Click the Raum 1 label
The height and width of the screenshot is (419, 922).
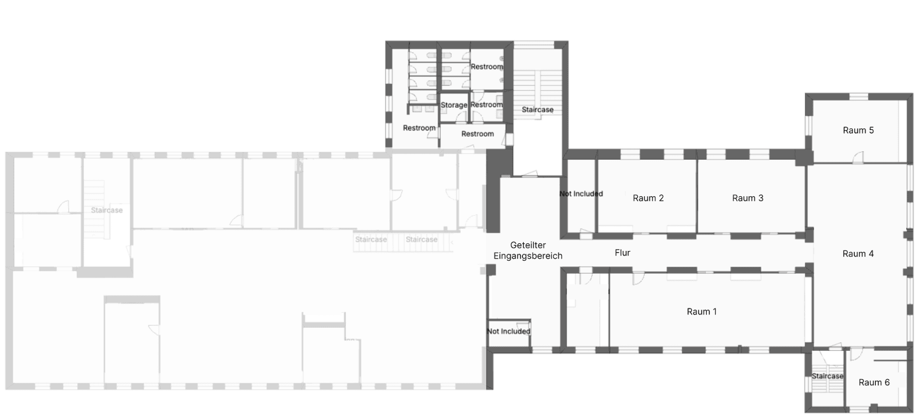701,311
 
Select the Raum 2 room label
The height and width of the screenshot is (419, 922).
648,198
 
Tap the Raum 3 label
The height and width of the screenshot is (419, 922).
747,198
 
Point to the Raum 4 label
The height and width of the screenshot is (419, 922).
857,254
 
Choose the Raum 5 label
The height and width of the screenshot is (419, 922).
858,130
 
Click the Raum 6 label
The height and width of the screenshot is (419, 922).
874,382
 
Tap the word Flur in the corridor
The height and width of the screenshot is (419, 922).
622,253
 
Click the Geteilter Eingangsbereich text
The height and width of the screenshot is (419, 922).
528,250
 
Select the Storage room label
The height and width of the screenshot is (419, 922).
454,105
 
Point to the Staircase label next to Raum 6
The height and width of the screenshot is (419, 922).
827,376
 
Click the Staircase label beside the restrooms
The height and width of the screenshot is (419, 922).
537,110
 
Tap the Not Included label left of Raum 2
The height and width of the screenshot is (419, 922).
581,194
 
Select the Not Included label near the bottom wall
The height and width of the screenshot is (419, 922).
508,331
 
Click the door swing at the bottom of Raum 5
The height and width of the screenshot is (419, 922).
858,157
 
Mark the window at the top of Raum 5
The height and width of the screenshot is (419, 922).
858,96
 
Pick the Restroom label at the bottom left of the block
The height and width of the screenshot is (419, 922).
419,128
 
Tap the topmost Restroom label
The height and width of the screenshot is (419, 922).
487,67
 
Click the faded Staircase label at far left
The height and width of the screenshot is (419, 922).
107,210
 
